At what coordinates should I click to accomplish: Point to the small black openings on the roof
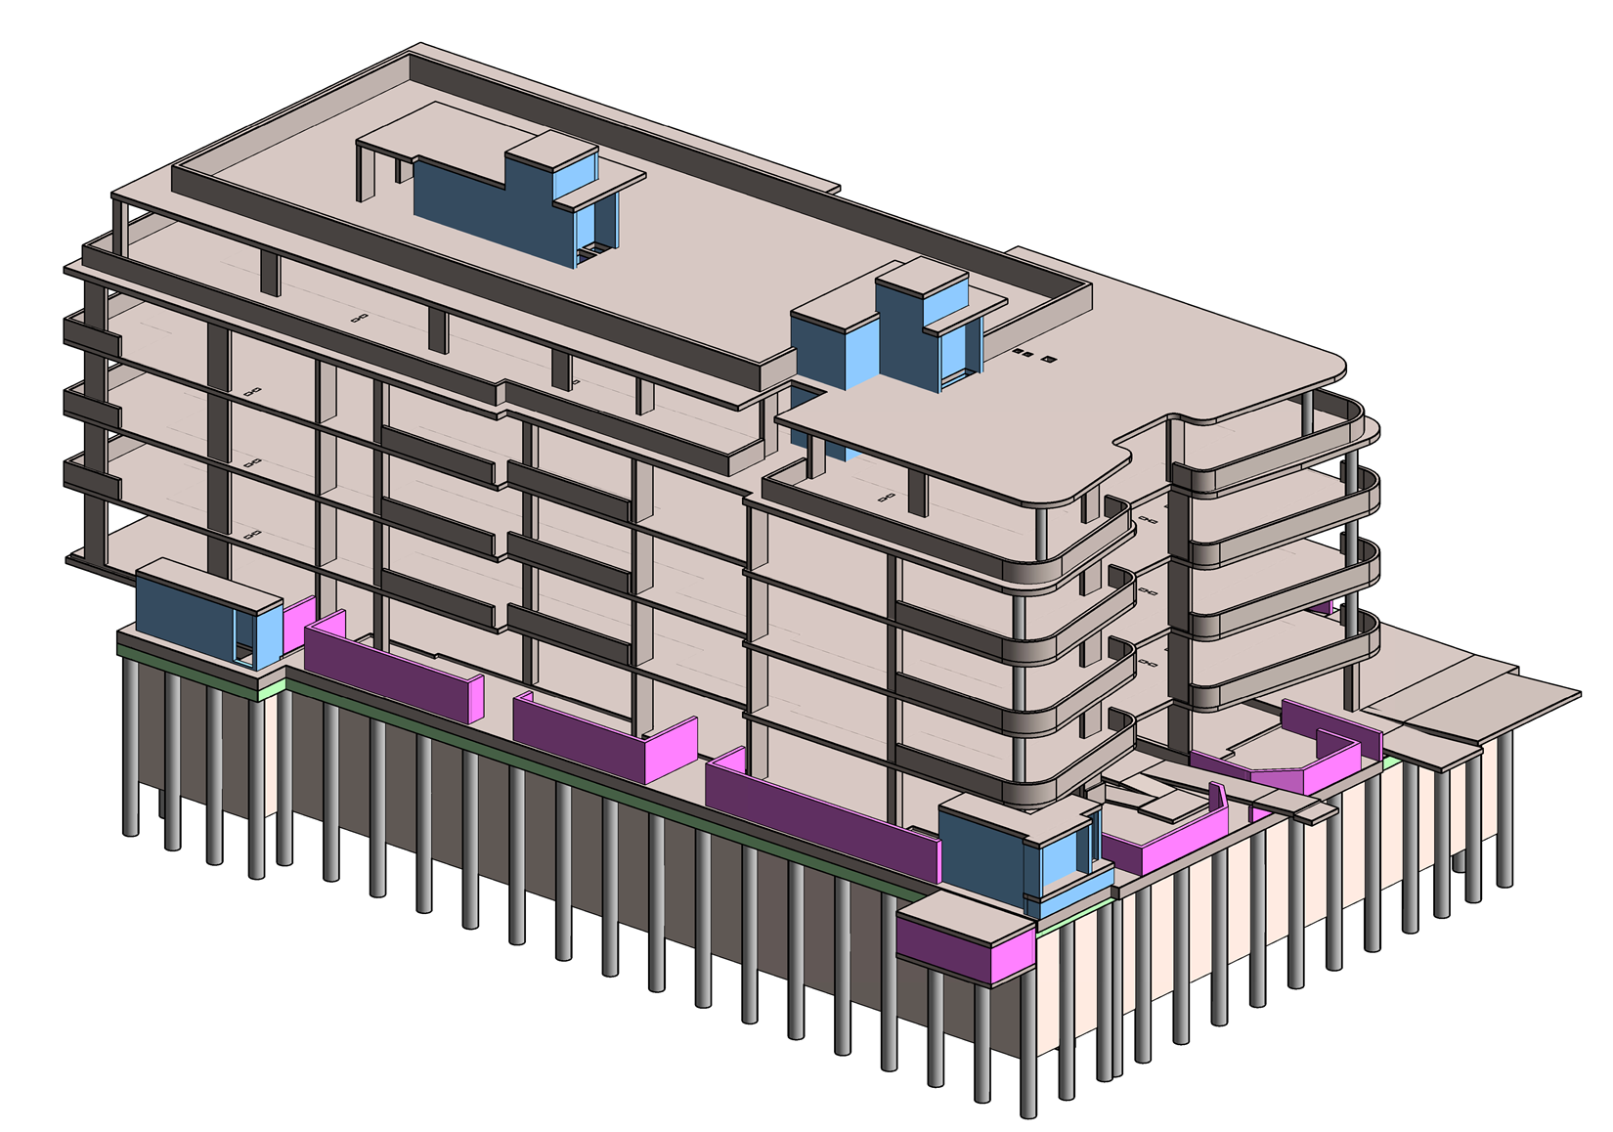click(1031, 355)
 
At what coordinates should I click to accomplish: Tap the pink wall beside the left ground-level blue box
click(299, 626)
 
